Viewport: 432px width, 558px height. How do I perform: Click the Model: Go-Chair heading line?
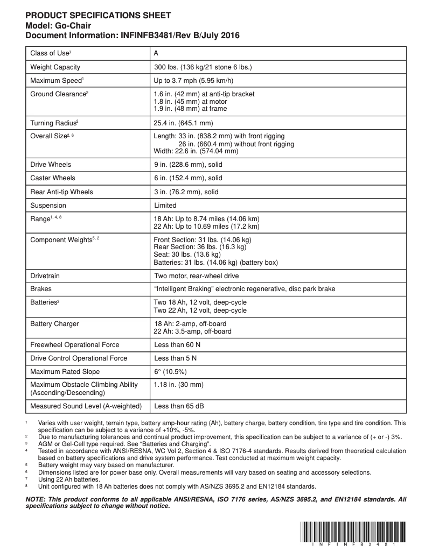(58, 25)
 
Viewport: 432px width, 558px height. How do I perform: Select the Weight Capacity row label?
(55, 67)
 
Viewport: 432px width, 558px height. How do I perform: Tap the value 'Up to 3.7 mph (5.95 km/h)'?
(193, 81)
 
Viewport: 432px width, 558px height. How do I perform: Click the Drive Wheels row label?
(51, 165)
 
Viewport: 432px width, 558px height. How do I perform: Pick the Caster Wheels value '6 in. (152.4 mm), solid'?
(188, 178)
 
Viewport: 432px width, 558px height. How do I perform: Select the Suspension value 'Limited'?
(165, 206)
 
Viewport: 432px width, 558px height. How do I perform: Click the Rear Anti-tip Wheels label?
(62, 192)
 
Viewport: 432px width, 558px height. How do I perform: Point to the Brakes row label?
(41, 289)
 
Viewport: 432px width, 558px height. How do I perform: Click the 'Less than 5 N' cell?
(175, 358)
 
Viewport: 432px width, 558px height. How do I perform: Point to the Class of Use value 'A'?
(156, 53)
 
